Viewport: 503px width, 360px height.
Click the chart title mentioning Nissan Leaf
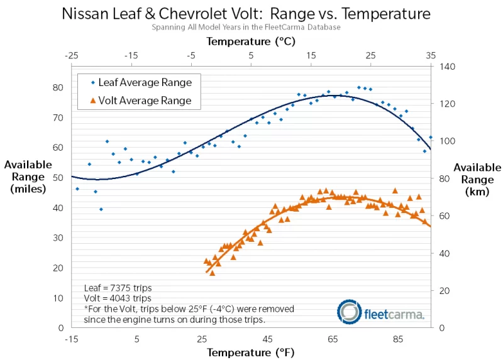(x=246, y=13)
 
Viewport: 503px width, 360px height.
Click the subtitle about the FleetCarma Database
(x=246, y=27)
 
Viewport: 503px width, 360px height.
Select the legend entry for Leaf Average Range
(x=145, y=82)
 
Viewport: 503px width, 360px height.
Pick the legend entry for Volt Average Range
(x=145, y=101)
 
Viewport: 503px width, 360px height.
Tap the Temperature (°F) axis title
(x=250, y=352)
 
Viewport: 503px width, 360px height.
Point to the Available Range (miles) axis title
(x=28, y=177)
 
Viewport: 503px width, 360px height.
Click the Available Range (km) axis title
(x=477, y=180)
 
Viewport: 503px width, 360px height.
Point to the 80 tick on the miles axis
(x=58, y=87)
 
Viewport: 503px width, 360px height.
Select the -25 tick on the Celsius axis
(x=72, y=55)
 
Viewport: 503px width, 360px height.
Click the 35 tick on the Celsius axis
(x=431, y=55)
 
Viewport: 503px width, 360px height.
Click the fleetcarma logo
(x=381, y=312)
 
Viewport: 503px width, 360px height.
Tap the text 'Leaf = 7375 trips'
(x=118, y=288)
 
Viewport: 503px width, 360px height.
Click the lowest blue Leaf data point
(x=101, y=209)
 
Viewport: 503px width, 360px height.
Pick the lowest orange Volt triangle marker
(x=212, y=273)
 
